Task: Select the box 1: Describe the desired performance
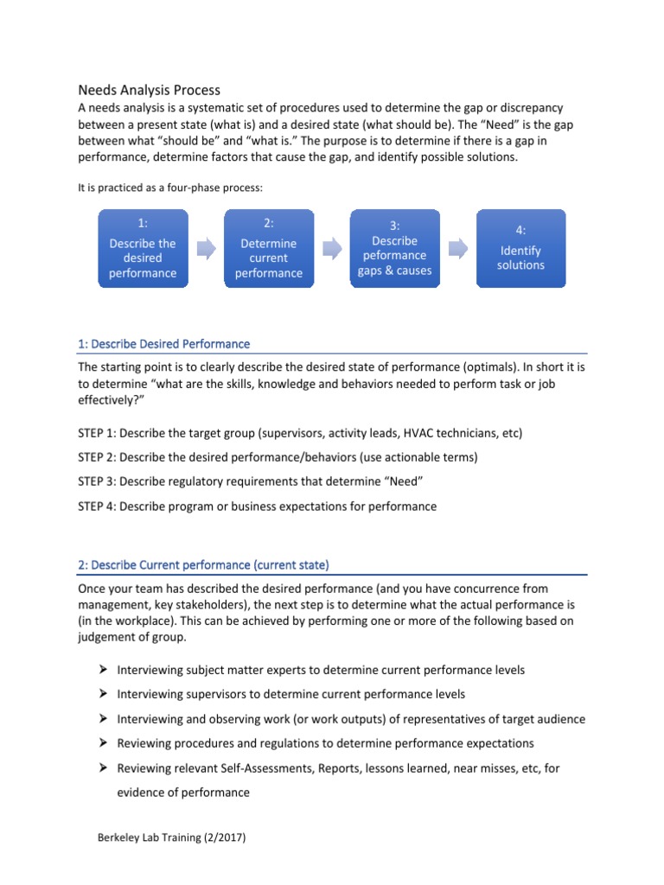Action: click(143, 249)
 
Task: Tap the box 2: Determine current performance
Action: click(268, 249)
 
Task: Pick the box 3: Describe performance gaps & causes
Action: click(394, 249)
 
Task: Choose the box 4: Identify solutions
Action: click(520, 249)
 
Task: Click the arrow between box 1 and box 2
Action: click(206, 249)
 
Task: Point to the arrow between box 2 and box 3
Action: click(332, 249)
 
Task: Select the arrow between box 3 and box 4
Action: click(457, 249)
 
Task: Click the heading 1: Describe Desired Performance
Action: click(163, 344)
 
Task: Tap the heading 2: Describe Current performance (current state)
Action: click(203, 565)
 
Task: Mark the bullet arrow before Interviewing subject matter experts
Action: click(102, 670)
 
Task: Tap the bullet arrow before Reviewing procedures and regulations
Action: click(102, 743)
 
